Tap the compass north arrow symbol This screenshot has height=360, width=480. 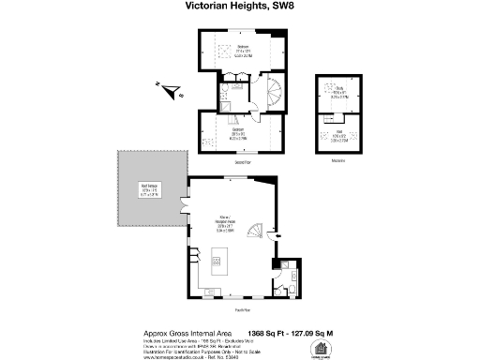[170, 91]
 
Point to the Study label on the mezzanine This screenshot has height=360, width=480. [336, 92]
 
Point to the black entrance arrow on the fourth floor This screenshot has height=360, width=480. [275, 234]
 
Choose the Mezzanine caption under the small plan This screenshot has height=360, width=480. [337, 161]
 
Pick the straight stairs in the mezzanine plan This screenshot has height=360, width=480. [336, 109]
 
